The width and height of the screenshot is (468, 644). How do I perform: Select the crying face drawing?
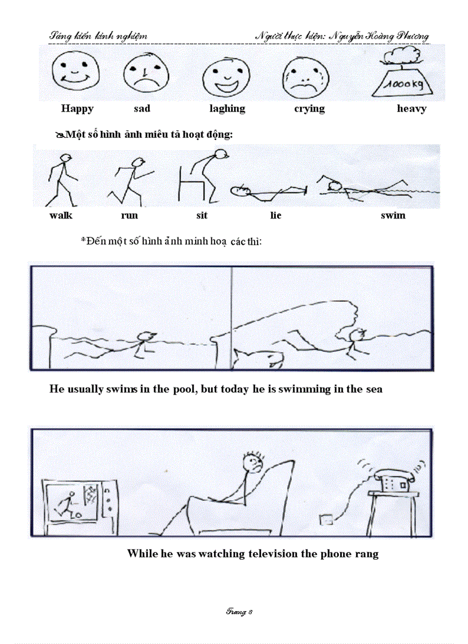tap(304, 79)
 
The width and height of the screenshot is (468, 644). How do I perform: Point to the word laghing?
tap(227, 108)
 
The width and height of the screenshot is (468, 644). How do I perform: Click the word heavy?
tap(411, 108)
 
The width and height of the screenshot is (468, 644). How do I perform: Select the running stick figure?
tap(131, 181)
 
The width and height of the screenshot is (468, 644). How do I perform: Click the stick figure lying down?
tap(267, 192)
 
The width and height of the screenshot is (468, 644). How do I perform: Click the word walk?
tap(61, 216)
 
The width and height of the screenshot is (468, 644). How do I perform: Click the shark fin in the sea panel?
tap(260, 358)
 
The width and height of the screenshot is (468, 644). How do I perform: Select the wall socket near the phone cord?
tap(326, 520)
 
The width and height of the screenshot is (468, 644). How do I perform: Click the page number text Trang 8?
tap(239, 612)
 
